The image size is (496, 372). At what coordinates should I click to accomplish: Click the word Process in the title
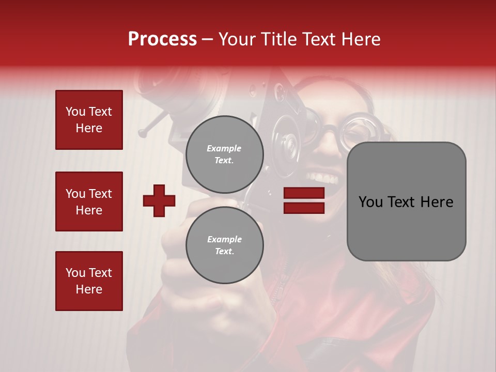coord(162,39)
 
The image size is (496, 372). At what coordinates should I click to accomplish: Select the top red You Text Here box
coord(89,120)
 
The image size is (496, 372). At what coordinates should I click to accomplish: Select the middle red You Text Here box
coord(89,202)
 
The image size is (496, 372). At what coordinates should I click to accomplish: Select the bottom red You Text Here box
coord(89,281)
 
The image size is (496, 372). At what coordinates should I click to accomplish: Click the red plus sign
coord(159,200)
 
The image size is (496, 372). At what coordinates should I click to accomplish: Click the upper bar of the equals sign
coord(304,193)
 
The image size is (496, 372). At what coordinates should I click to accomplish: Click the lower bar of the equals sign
coord(304,208)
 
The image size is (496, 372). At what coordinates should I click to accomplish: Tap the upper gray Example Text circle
coord(224,154)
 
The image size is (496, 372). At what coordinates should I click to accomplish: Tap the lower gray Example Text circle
coord(224,245)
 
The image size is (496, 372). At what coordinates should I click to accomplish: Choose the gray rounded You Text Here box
coord(406,202)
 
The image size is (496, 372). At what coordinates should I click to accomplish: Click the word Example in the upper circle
coord(224,148)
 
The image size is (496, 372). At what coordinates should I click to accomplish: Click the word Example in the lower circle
coord(224,239)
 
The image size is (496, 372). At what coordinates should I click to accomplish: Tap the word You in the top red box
coord(75,112)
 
